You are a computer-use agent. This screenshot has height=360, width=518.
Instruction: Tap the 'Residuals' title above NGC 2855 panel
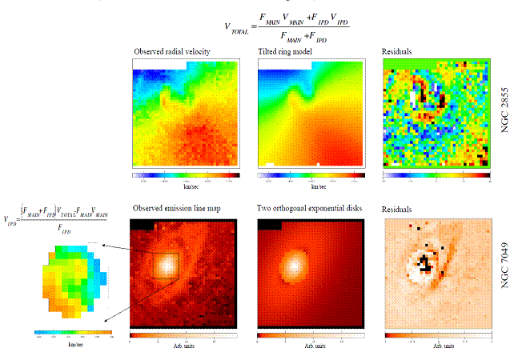[398, 51]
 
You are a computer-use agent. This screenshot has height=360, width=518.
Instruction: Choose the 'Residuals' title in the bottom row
[398, 208]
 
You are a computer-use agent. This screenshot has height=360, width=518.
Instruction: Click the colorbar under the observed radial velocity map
[187, 174]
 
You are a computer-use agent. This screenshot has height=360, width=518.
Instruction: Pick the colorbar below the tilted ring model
[311, 174]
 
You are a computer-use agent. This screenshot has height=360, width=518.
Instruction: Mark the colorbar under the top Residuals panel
[436, 174]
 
